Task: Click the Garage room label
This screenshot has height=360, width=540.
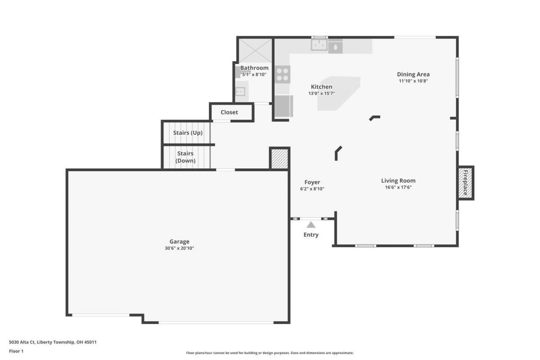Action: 179,241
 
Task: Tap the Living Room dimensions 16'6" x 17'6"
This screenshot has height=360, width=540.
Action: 398,187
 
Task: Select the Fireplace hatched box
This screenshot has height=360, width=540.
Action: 465,183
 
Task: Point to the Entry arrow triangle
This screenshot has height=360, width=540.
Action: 311,225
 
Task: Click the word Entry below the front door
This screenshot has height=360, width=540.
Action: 311,235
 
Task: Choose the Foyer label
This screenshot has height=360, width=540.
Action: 312,182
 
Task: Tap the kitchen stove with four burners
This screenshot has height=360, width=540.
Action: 282,75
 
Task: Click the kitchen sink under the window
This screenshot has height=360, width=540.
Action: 319,45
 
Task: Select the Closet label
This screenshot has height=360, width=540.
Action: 229,112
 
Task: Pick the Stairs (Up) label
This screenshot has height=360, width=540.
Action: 188,133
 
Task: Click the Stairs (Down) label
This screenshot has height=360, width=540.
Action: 185,157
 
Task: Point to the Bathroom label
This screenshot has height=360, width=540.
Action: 254,68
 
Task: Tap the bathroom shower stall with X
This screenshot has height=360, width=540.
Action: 255,51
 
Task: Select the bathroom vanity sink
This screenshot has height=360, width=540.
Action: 240,92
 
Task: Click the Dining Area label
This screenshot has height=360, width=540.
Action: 413,74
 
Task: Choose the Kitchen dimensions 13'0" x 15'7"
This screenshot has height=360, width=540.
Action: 321,93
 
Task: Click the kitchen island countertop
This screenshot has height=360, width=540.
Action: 339,94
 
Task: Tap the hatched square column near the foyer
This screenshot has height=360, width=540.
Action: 280,158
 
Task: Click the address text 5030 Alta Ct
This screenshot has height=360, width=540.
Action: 22,342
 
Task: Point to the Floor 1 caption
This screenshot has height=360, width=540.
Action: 16,351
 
